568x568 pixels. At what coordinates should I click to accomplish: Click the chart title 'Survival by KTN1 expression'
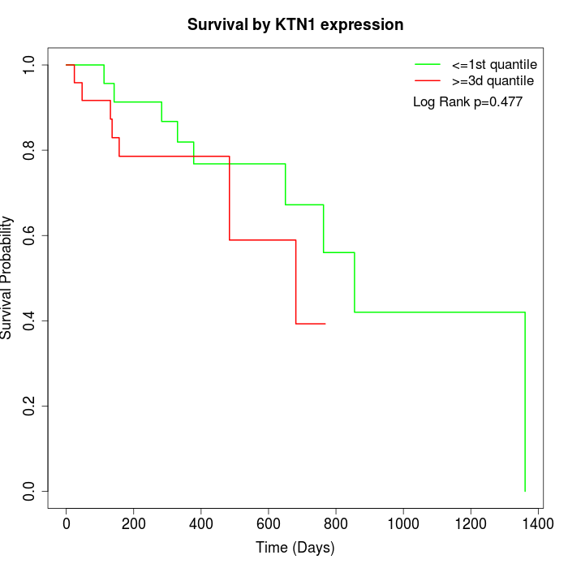pos(295,25)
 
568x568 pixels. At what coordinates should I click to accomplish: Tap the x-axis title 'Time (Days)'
pos(295,548)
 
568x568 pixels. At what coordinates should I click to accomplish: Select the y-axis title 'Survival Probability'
pos(7,278)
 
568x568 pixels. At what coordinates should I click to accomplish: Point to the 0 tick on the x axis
pos(67,525)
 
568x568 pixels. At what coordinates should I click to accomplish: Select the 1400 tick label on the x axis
pos(537,525)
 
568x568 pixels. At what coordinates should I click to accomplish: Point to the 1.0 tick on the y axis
pos(30,64)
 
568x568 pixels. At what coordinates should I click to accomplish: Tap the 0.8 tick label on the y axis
pos(30,150)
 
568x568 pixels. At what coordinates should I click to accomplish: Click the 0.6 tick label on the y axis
pos(30,235)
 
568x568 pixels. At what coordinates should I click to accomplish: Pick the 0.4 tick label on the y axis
pos(30,321)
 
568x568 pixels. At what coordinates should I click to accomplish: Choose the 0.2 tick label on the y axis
pos(30,406)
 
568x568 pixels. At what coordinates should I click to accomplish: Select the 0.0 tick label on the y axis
pos(30,491)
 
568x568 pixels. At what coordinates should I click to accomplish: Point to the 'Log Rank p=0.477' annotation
pos(467,102)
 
